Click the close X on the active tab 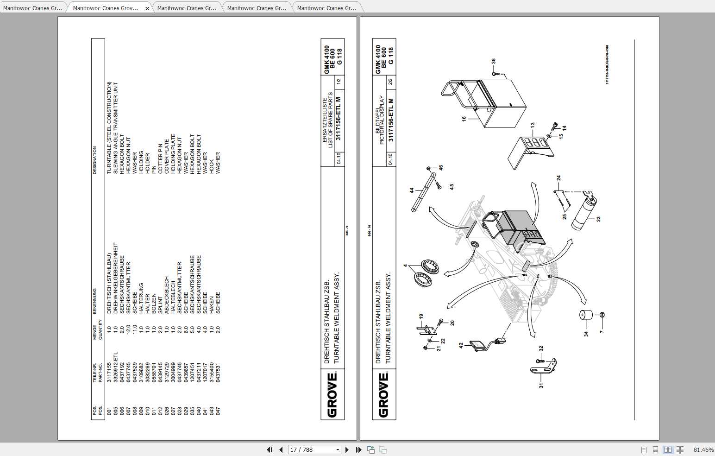point(147,8)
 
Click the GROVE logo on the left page point(332,395)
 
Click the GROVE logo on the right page point(383,395)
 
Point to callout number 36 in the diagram point(494,61)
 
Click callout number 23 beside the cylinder point(598,219)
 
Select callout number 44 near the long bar point(411,190)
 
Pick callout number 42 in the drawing point(461,345)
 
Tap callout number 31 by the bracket point(540,385)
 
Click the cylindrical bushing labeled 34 point(586,315)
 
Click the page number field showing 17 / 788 point(314,450)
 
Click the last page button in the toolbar point(358,450)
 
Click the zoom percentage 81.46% point(703,450)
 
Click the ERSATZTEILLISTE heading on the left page point(325,119)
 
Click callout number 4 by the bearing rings point(405,266)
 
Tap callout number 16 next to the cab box point(464,119)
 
